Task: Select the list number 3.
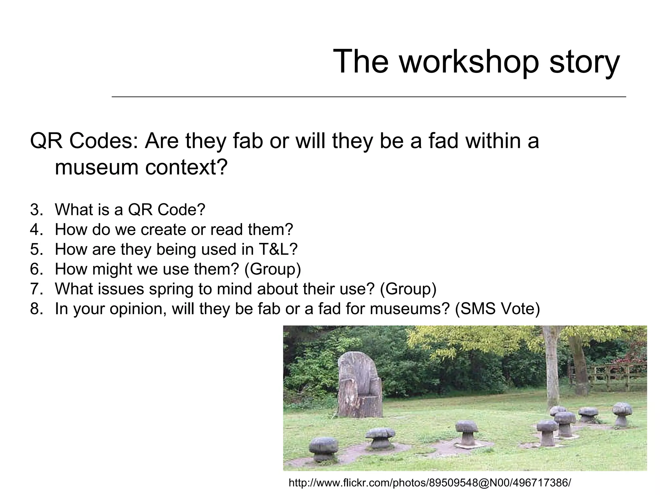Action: (x=36, y=210)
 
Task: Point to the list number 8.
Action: (x=36, y=309)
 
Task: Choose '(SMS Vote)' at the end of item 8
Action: (x=497, y=309)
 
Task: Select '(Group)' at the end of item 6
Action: (x=273, y=269)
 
